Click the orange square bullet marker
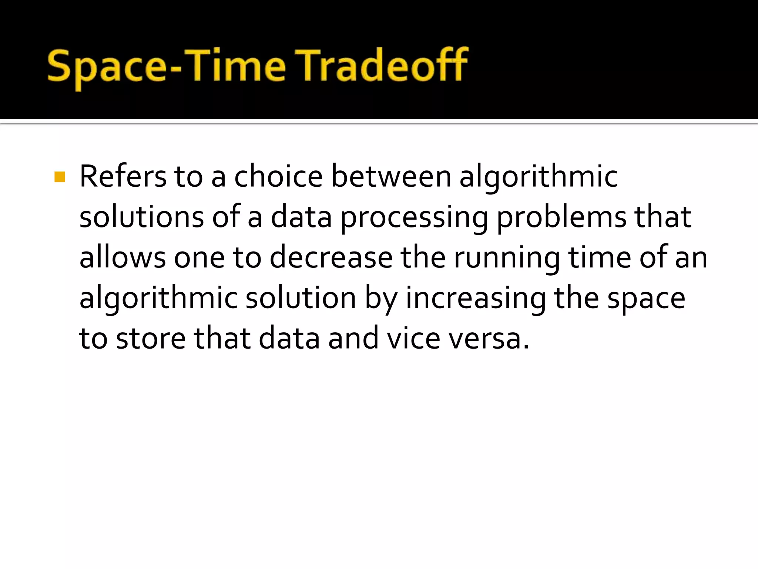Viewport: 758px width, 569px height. pos(60,177)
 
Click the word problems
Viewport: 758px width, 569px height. pos(561,218)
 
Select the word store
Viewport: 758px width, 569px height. pos(151,338)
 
